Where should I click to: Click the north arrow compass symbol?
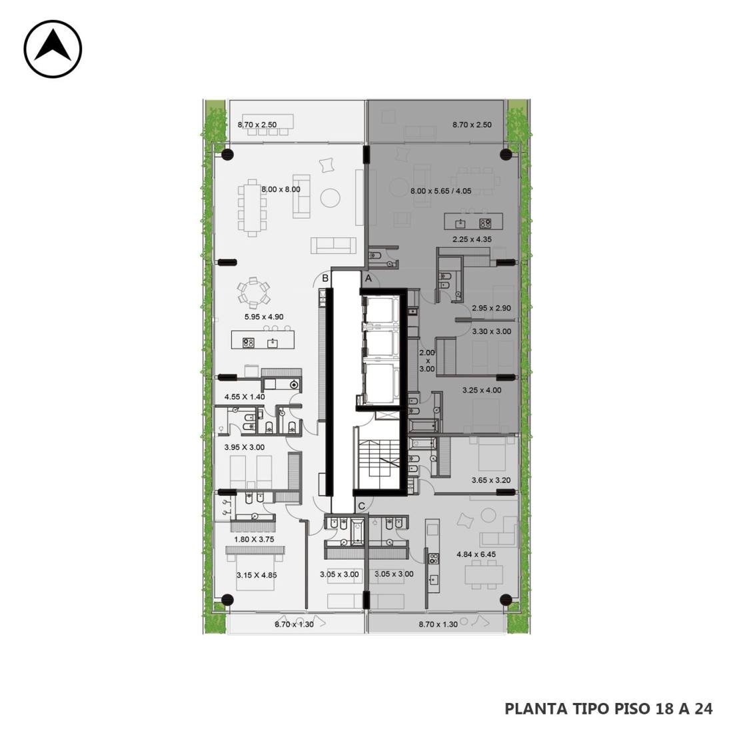point(53,49)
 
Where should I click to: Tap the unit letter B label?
point(325,279)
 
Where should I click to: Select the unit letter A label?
point(368,279)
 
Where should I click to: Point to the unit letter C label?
point(361,506)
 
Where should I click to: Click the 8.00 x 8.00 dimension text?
point(281,189)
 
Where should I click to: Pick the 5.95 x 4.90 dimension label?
point(264,317)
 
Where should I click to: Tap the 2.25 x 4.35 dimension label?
point(472,239)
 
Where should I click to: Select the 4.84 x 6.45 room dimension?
point(476,554)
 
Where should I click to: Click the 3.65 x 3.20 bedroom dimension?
point(491,480)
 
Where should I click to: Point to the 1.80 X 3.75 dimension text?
point(254,539)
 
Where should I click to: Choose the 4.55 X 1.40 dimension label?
point(245,397)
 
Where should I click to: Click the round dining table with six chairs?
point(253,293)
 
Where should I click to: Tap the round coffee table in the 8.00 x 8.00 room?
point(331,198)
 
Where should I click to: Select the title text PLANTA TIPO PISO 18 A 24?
point(608,709)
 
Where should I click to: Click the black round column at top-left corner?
point(228,155)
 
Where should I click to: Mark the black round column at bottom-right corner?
point(506,600)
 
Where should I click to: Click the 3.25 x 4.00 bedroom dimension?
point(482,390)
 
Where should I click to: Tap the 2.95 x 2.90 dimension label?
point(491,308)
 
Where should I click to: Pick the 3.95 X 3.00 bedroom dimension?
point(244,447)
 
